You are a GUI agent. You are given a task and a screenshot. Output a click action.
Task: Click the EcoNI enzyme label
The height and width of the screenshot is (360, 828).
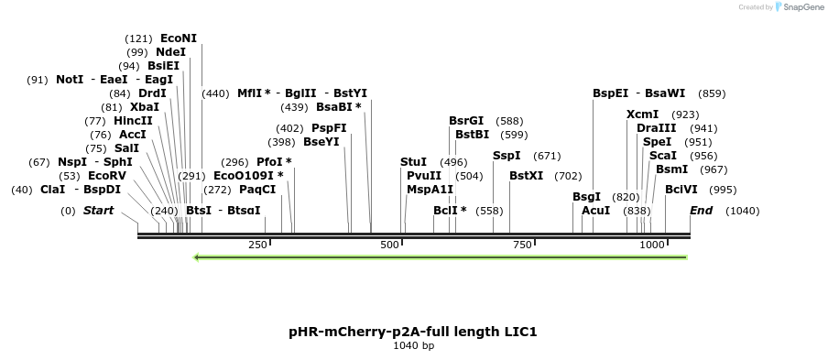pos(178,38)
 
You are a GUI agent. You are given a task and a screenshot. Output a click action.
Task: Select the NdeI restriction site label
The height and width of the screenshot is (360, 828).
pos(170,52)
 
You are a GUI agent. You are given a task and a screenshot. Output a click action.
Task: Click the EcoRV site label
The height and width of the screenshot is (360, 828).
pos(107,176)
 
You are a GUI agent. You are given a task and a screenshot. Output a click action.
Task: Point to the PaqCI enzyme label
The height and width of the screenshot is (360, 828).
pos(257,190)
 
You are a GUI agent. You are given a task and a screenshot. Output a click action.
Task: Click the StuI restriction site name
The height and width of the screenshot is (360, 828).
pos(413,162)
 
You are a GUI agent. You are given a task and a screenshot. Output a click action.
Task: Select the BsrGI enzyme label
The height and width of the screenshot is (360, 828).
pos(466,121)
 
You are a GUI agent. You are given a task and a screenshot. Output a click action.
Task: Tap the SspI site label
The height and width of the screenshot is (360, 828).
pos(507,156)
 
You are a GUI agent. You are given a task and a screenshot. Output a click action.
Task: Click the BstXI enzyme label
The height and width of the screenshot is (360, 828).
pos(526,176)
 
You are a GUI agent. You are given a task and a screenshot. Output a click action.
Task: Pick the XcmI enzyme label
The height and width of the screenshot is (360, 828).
pos(642,115)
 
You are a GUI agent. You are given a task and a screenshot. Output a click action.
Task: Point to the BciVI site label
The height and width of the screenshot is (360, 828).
pos(681,190)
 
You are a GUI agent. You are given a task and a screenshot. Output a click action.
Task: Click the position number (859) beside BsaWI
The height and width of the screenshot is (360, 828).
pos(712,93)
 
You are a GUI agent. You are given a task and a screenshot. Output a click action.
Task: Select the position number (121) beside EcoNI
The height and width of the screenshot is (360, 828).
pos(138,38)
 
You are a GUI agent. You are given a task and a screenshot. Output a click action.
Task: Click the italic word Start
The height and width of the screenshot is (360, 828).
pos(99,211)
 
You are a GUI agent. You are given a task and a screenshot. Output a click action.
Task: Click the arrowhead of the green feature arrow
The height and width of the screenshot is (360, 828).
pos(197,257)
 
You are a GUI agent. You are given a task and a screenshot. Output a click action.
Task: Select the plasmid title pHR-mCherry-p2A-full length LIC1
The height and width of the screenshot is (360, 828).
pos(413,331)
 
